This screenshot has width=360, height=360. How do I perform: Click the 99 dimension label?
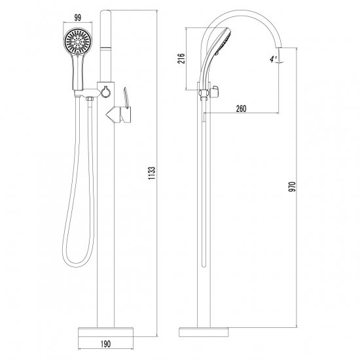tap(78, 18)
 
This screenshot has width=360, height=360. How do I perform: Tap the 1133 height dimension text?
tap(152, 173)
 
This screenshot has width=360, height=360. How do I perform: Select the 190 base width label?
tap(105, 344)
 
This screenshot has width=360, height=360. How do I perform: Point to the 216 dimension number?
tap(181, 58)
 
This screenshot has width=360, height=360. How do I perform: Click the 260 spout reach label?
tap(241, 109)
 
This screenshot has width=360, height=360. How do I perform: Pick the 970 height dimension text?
tap(293, 187)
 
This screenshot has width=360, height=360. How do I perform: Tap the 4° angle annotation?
tap(274, 59)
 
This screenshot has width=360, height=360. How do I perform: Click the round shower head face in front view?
tap(78, 42)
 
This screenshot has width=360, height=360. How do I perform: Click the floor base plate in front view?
tap(105, 333)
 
